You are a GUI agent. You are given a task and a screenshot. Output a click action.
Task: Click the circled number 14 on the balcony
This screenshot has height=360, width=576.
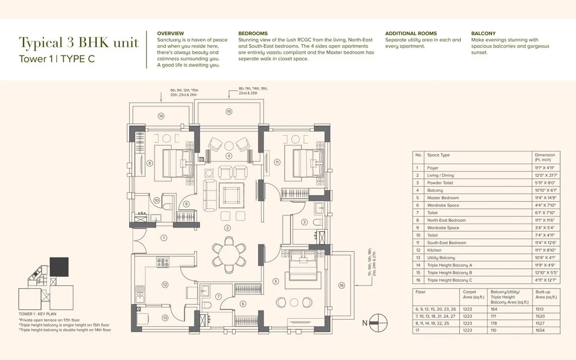pos(161,116)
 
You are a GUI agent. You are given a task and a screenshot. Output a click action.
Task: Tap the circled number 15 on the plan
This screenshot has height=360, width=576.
pos(229,111)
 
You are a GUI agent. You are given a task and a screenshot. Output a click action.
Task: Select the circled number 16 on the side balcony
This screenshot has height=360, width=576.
pos(342,285)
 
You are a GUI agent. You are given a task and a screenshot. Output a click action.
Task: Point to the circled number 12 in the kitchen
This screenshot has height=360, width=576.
pos(165,285)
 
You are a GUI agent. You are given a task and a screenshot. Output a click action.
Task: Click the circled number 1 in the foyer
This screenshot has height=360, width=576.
pos(164,237)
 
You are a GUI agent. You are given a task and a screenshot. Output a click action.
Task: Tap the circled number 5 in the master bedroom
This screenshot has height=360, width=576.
pos(276,281)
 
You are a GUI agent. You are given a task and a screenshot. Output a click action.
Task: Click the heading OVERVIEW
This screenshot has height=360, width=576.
pos(170,33)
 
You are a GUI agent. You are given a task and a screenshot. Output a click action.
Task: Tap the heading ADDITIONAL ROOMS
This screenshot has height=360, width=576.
pos(411,33)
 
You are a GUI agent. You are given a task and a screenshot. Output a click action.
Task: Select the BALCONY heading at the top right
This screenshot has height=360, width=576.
pos(483,33)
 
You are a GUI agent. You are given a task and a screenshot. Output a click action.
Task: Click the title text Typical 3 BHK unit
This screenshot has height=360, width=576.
pos(79,43)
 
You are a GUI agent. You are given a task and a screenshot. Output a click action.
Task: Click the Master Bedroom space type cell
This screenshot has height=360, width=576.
pos(443,198)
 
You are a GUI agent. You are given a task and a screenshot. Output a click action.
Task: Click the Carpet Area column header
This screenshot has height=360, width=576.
pos(470,294)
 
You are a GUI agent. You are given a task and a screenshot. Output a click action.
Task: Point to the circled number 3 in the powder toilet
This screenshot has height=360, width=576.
pos(304,222)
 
